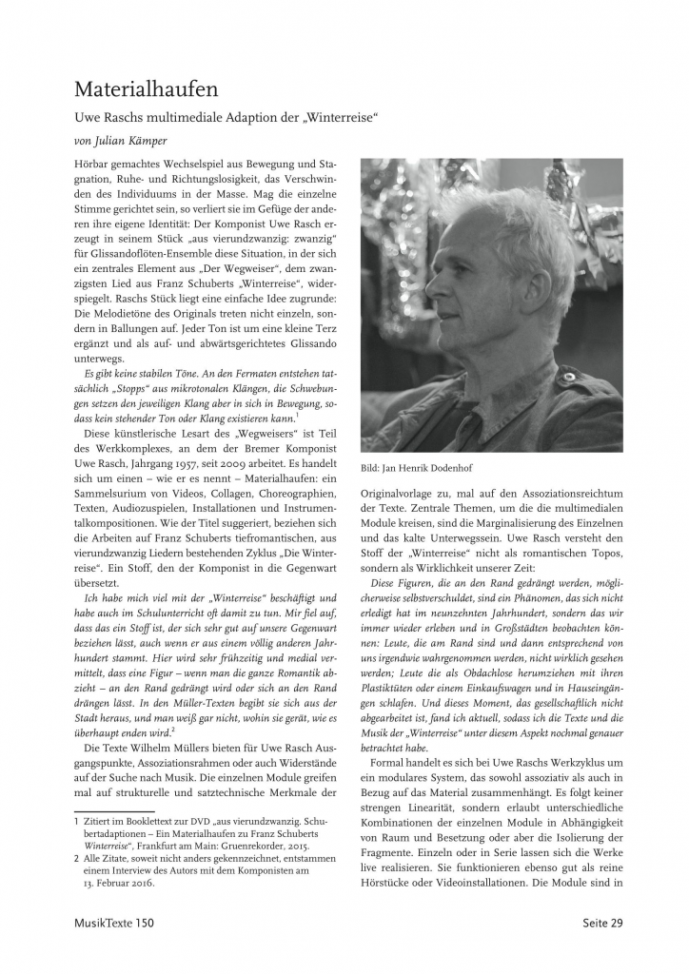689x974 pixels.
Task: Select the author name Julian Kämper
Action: pyautogui.click(x=132, y=140)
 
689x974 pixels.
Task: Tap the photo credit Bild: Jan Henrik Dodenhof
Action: pyautogui.click(x=415, y=468)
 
